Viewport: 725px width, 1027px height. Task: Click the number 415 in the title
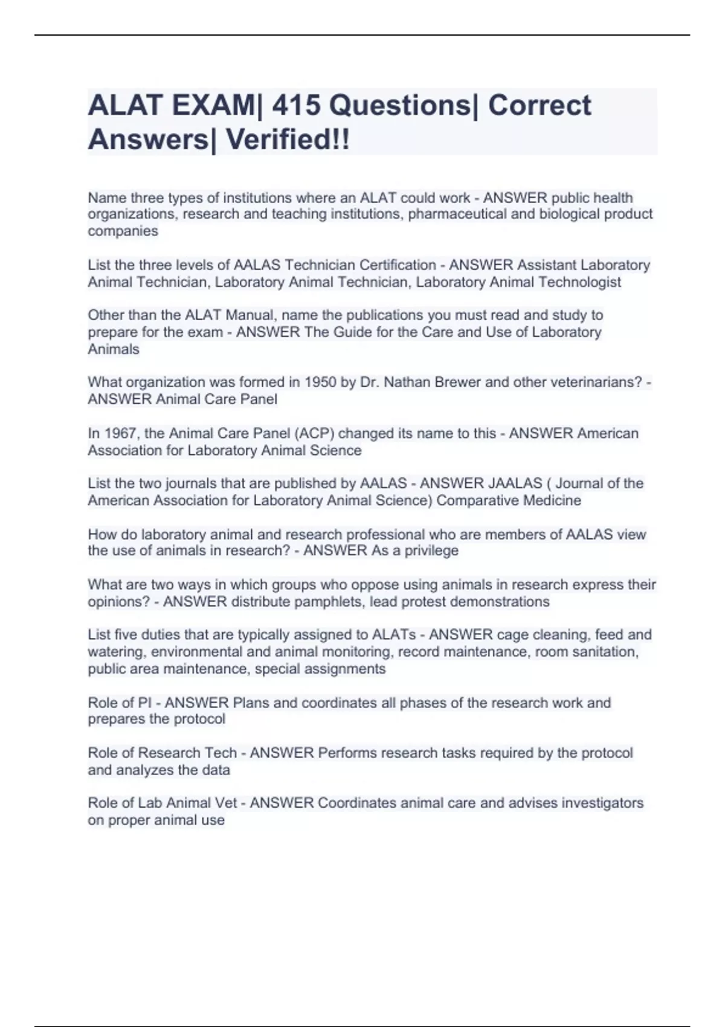pyautogui.click(x=295, y=106)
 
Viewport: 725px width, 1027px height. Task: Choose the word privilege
pyautogui.click(x=431, y=551)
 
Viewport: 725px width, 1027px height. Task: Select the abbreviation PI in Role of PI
pyautogui.click(x=144, y=703)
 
